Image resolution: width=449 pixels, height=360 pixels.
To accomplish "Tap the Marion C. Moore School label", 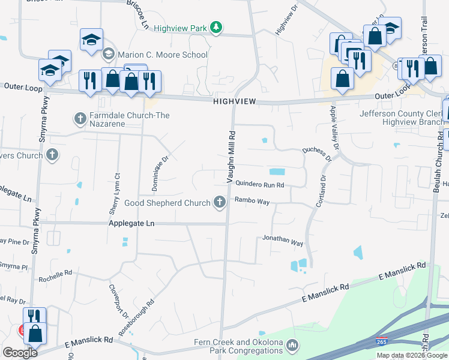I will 163,55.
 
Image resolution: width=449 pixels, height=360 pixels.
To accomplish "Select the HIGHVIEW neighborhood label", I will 235,103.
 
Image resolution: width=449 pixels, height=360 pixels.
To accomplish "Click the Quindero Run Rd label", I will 259,185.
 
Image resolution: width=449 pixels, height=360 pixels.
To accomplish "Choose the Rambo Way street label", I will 252,201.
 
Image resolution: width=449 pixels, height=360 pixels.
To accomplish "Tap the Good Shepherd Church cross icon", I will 220,203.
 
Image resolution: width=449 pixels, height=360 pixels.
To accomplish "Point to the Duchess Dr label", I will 316,154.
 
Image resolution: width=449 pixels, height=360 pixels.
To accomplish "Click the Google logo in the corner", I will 20,353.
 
